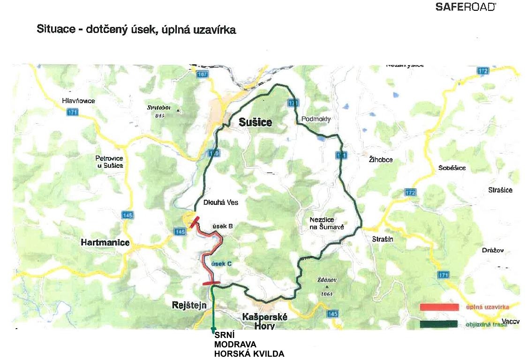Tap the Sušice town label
coord(255,123)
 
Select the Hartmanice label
coord(102,242)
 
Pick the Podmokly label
coord(316,119)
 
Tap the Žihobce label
coord(380,160)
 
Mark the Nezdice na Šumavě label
coord(327,223)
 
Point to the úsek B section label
coord(223,226)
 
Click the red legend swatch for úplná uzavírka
coord(439,307)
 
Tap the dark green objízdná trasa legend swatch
coord(439,324)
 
